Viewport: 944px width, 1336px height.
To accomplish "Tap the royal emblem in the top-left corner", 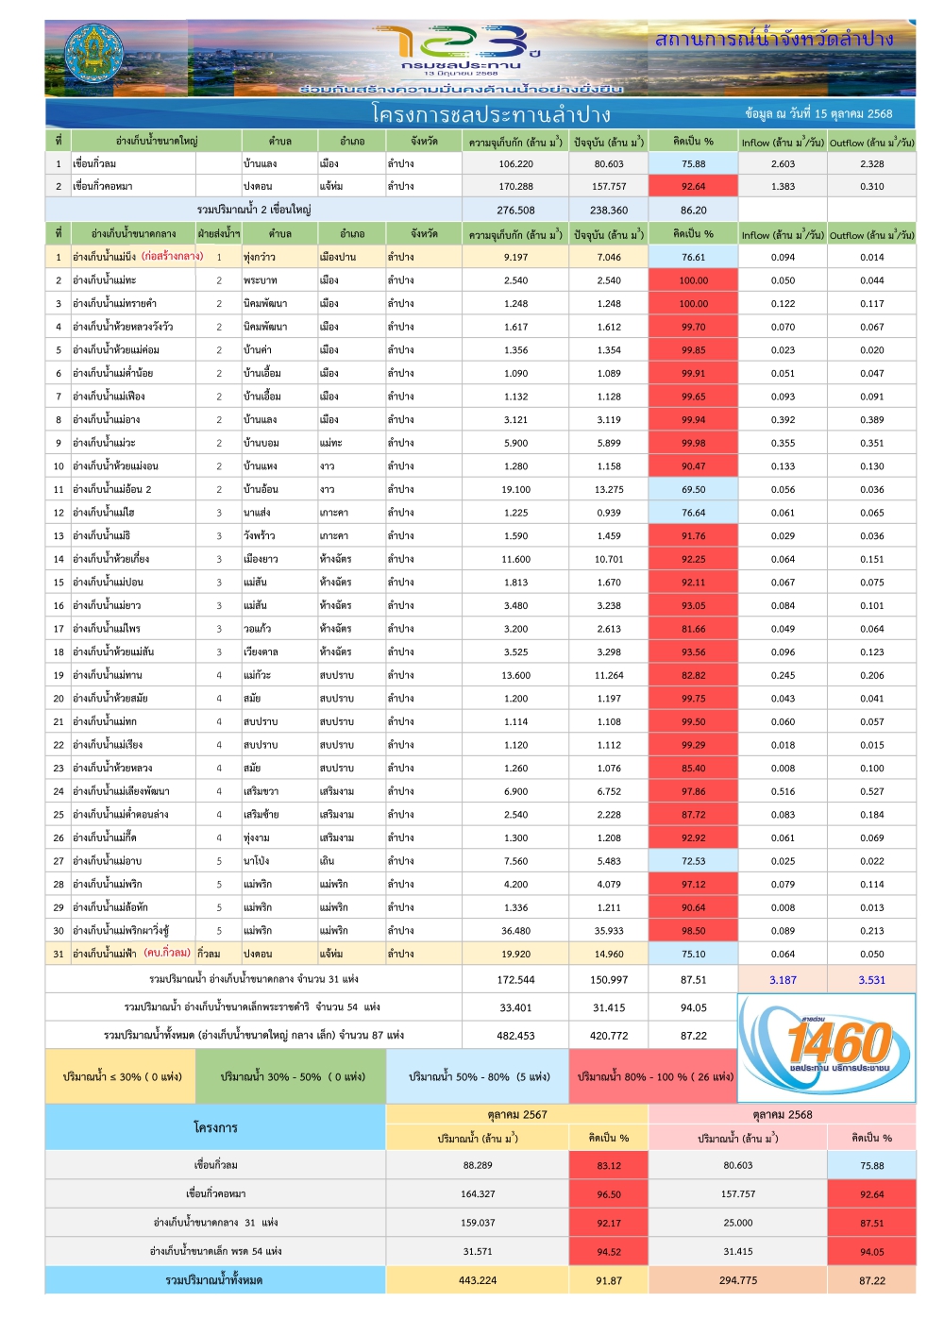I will [x=93, y=56].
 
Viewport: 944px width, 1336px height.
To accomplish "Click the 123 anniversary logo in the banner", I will [x=461, y=47].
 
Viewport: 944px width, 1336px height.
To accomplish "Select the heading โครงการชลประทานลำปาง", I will [x=491, y=114].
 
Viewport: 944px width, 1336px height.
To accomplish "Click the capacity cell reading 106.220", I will [x=515, y=163].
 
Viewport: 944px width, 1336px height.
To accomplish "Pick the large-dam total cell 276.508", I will [x=515, y=211].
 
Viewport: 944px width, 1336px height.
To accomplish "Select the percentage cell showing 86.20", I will [x=693, y=211].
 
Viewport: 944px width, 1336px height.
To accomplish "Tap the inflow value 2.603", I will [x=783, y=163].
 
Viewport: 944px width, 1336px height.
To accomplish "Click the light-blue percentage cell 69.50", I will [x=693, y=489].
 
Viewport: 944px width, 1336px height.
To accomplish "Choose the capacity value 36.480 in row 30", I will [x=515, y=930].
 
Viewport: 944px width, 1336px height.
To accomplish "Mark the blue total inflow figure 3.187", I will [x=783, y=980].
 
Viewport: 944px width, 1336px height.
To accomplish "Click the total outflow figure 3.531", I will [x=871, y=980].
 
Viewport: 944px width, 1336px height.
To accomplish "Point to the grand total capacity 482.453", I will [x=515, y=1036].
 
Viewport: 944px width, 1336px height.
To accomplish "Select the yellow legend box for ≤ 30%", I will [x=122, y=1076].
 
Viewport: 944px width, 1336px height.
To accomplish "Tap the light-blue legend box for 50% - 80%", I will [x=479, y=1076].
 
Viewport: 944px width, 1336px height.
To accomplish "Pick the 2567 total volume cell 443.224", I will [x=478, y=1280].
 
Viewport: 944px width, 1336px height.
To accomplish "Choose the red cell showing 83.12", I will [x=609, y=1165].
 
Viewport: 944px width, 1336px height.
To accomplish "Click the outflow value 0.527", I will [x=871, y=791].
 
